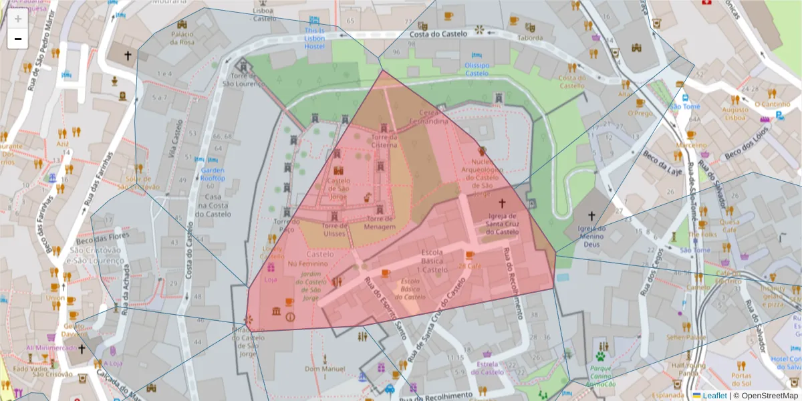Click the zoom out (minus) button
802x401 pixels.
tap(18, 39)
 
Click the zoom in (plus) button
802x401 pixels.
tap(18, 18)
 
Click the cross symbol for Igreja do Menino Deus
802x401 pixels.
tap(591, 216)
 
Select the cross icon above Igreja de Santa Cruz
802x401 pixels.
tap(502, 203)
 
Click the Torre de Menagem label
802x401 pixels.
tap(379, 223)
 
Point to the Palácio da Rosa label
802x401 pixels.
tap(182, 37)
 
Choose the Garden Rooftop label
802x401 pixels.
tap(213, 174)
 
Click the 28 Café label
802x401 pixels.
tap(470, 265)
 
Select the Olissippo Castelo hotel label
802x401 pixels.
tap(477, 69)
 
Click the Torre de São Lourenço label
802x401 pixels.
tap(240, 80)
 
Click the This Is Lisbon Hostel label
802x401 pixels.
tap(314, 38)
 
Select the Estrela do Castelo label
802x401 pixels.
tap(490, 368)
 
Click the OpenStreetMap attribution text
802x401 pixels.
tap(765, 396)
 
